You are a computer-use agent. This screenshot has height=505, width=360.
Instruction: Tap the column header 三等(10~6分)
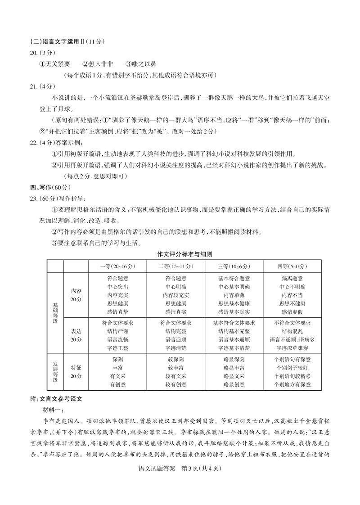[234, 266]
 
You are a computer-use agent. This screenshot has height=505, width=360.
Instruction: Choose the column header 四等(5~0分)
[292, 266]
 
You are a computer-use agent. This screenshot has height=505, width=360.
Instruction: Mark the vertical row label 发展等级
[55, 372]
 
